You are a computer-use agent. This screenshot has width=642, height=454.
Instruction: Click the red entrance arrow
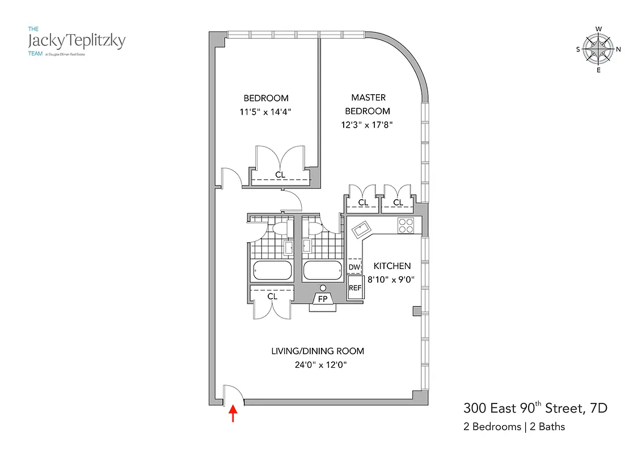point(233,414)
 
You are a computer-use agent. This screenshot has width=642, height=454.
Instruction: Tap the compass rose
point(598,49)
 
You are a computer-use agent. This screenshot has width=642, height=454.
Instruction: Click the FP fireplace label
point(322,299)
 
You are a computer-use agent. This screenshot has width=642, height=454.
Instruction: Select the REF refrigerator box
point(355,288)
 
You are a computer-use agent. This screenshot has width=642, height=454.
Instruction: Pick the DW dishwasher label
point(354,267)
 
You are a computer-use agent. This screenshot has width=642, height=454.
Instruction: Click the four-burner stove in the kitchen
point(406,226)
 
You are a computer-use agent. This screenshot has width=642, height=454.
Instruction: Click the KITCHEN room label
point(391,266)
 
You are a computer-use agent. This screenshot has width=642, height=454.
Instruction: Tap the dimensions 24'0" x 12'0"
point(318,365)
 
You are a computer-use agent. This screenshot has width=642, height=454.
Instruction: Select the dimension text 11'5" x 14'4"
point(266,112)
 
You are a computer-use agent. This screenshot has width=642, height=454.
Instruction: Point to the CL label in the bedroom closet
point(280,175)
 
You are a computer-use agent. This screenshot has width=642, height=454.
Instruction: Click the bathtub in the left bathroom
point(272,271)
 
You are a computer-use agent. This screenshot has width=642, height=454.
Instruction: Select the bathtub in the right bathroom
point(322,271)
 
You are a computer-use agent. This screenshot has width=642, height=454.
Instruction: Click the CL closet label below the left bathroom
point(272,296)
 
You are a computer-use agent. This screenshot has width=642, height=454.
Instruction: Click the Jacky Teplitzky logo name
point(76,41)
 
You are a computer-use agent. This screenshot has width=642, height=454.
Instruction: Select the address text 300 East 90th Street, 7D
point(536,408)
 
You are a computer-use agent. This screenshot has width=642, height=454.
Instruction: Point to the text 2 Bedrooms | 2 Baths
point(514,427)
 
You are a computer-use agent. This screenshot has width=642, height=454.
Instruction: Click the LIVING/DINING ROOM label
point(318,351)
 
